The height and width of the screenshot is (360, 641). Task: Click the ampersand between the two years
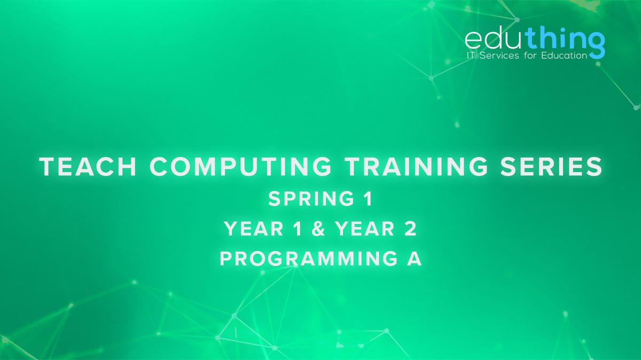click(319, 229)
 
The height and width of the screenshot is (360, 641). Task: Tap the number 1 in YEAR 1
click(298, 229)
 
